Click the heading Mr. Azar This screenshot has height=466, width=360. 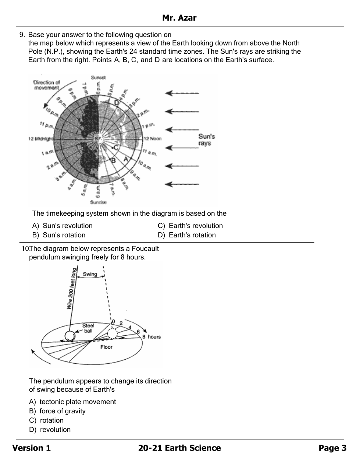coord(179,18)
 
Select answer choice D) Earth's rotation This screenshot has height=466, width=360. coord(187,235)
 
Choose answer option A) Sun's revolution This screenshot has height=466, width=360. coord(63,226)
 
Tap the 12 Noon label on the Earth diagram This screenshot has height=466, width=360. coord(152,139)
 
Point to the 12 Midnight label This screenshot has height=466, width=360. coord(40,139)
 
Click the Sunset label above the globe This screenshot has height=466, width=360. coord(98,78)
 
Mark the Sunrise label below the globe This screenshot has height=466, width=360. coord(98,202)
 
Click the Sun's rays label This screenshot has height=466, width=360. coord(207,140)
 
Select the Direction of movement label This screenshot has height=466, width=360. coord(46,85)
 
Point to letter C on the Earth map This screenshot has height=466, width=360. coord(116,148)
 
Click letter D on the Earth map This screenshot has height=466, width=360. coord(117,103)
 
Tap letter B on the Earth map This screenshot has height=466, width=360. coord(113,160)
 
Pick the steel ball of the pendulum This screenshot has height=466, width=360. coord(69,336)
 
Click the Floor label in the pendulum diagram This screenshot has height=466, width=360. coord(106,347)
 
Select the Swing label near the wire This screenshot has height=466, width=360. coord(90,274)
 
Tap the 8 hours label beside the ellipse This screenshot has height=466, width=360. coord(151,337)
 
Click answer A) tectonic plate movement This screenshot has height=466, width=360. coord(72,402)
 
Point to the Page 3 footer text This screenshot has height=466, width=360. coord(332,448)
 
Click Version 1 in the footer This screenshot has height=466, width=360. coord(32,448)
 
